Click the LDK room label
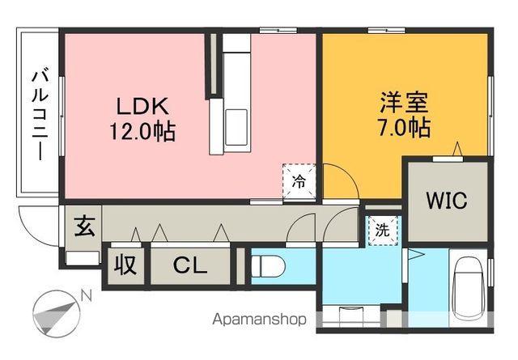pos(142,106)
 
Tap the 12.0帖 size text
pos(142,131)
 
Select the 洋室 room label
pos(404,102)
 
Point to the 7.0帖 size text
pos(404,127)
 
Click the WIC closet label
pos(447,200)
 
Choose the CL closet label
pos(190,265)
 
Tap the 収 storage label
pos(125,265)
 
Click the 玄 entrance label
pos(85,227)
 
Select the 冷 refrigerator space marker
pos(299,181)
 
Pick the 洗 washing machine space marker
pos(383,231)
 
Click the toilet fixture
pos(268,266)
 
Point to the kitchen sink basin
pos(236,127)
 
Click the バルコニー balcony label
pos(40,114)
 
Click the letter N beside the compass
pos(87,296)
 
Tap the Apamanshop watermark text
pos(259,320)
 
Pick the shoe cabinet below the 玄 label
pos(83,258)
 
